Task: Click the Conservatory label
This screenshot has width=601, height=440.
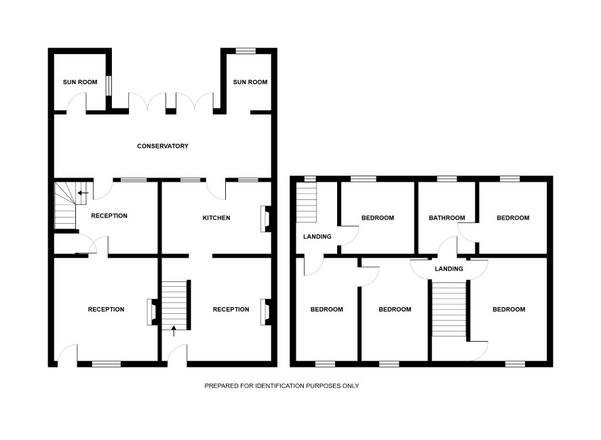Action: tap(163, 146)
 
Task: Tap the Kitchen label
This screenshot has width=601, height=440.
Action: tap(216, 218)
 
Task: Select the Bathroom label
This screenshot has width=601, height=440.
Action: tap(446, 218)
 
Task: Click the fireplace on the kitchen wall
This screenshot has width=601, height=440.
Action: tap(265, 219)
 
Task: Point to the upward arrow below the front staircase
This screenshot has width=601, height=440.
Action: tap(174, 332)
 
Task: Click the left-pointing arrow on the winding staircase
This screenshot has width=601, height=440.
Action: tap(83, 193)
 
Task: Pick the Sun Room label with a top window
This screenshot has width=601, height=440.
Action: tap(250, 82)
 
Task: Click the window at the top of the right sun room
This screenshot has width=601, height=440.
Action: tap(246, 51)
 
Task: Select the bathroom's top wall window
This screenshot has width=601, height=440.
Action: tap(447, 179)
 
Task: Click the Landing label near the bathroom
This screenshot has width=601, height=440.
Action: tap(449, 269)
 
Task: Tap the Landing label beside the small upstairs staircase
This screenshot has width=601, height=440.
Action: tap(317, 237)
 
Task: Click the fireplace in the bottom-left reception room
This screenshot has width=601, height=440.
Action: tap(152, 312)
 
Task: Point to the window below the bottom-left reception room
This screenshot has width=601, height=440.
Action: tap(106, 364)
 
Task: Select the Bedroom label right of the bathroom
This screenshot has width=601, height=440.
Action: tap(513, 218)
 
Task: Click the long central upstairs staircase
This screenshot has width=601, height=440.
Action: tap(449, 309)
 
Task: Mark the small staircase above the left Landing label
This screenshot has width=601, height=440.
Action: tap(306, 202)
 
